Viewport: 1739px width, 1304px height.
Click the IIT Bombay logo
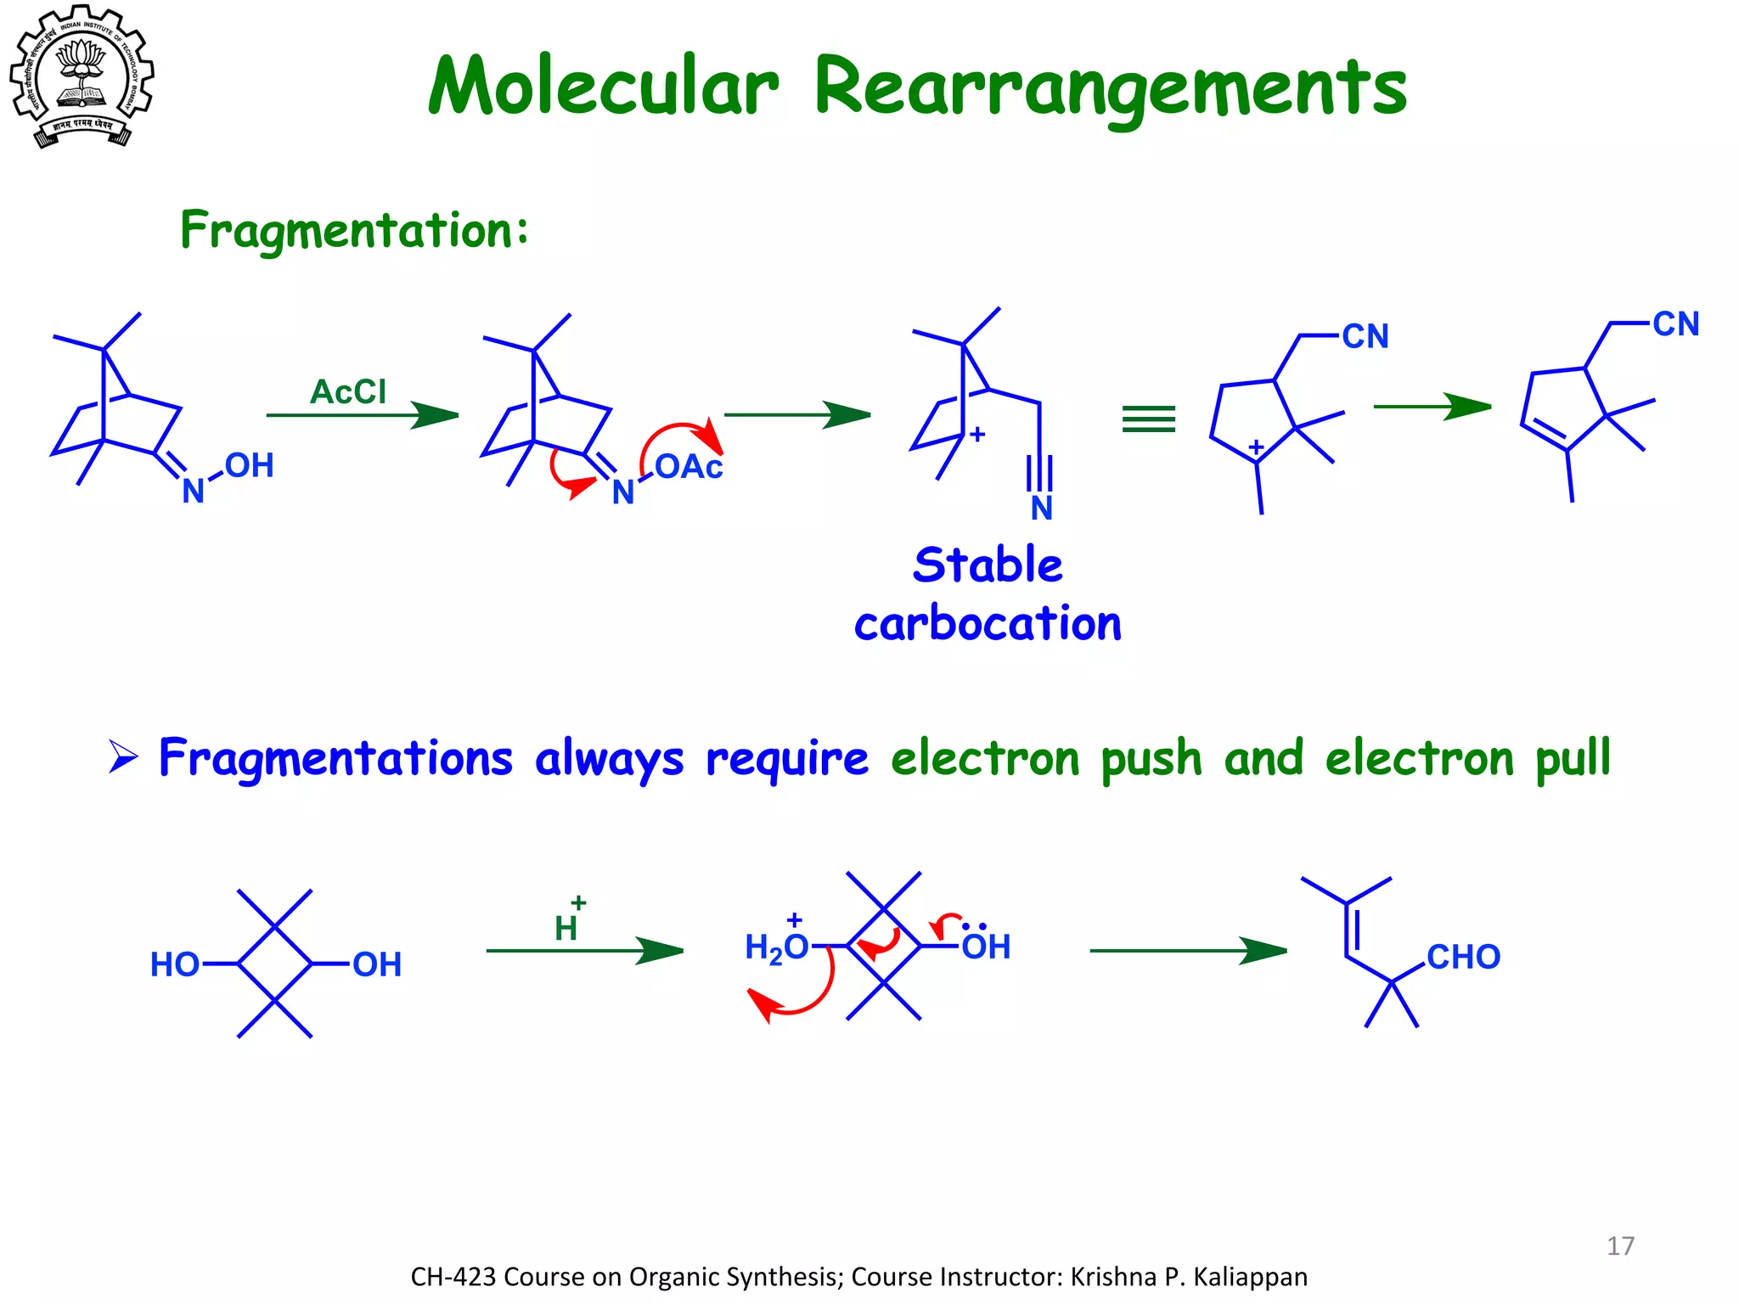(x=82, y=76)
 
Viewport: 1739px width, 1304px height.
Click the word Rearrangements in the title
(x=1109, y=88)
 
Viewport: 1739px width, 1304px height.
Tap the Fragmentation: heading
(x=354, y=230)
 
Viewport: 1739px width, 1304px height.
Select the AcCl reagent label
(x=348, y=392)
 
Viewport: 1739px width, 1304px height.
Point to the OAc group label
(x=689, y=467)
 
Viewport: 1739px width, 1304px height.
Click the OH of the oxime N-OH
(x=249, y=465)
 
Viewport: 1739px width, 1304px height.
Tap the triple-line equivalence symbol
(x=1148, y=419)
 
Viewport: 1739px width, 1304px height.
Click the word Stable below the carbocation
(x=988, y=565)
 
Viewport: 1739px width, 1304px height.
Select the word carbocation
(x=988, y=624)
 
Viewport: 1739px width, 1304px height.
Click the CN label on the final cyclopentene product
(x=1675, y=324)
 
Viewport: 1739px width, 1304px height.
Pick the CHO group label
(x=1463, y=958)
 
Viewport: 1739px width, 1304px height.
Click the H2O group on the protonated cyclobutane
(x=776, y=947)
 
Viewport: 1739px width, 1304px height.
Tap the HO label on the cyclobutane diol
(x=175, y=965)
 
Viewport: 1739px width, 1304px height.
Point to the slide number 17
(x=1620, y=1246)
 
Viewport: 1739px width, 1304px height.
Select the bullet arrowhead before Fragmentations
(x=123, y=756)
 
